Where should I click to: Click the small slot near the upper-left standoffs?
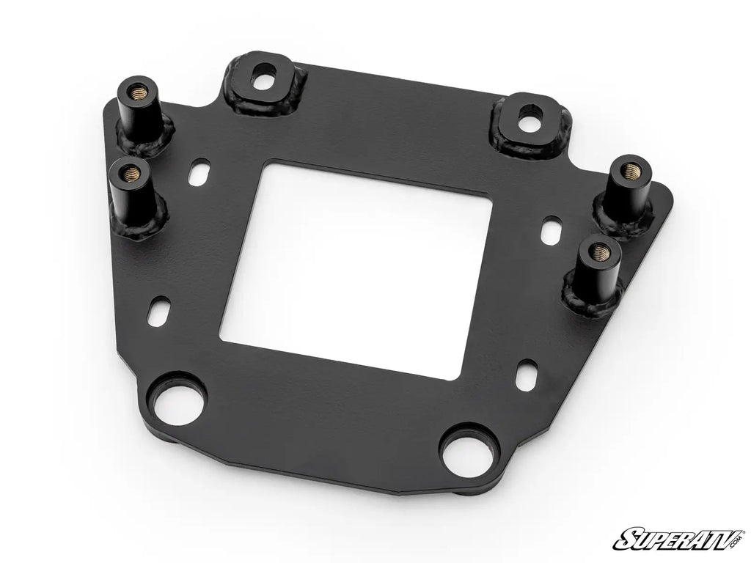[197, 176]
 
